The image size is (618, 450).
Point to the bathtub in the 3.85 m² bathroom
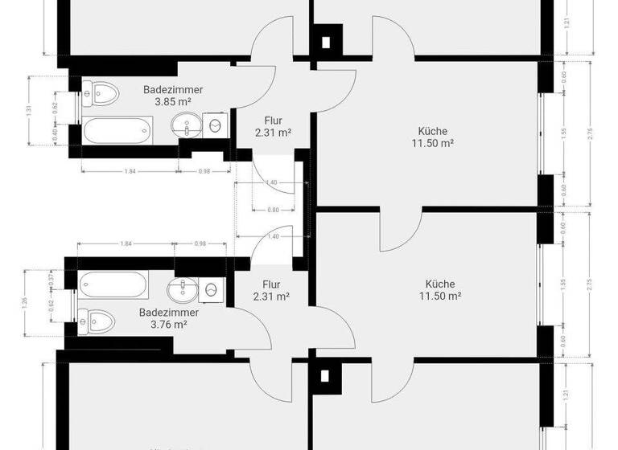(117, 129)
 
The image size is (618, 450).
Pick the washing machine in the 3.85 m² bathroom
(216, 125)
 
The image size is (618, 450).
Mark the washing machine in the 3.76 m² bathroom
(212, 288)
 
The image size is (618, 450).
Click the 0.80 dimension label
(274, 211)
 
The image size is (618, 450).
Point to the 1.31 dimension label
(30, 110)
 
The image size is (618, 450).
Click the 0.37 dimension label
(51, 278)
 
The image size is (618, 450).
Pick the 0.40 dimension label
(54, 137)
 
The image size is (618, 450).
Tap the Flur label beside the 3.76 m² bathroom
(271, 290)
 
